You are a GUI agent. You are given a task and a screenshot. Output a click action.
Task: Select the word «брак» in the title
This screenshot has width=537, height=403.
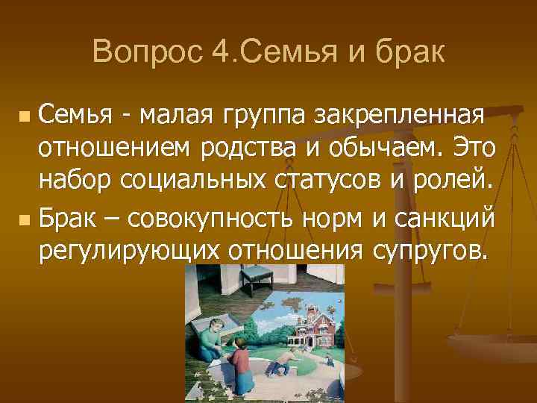pos(412,51)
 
